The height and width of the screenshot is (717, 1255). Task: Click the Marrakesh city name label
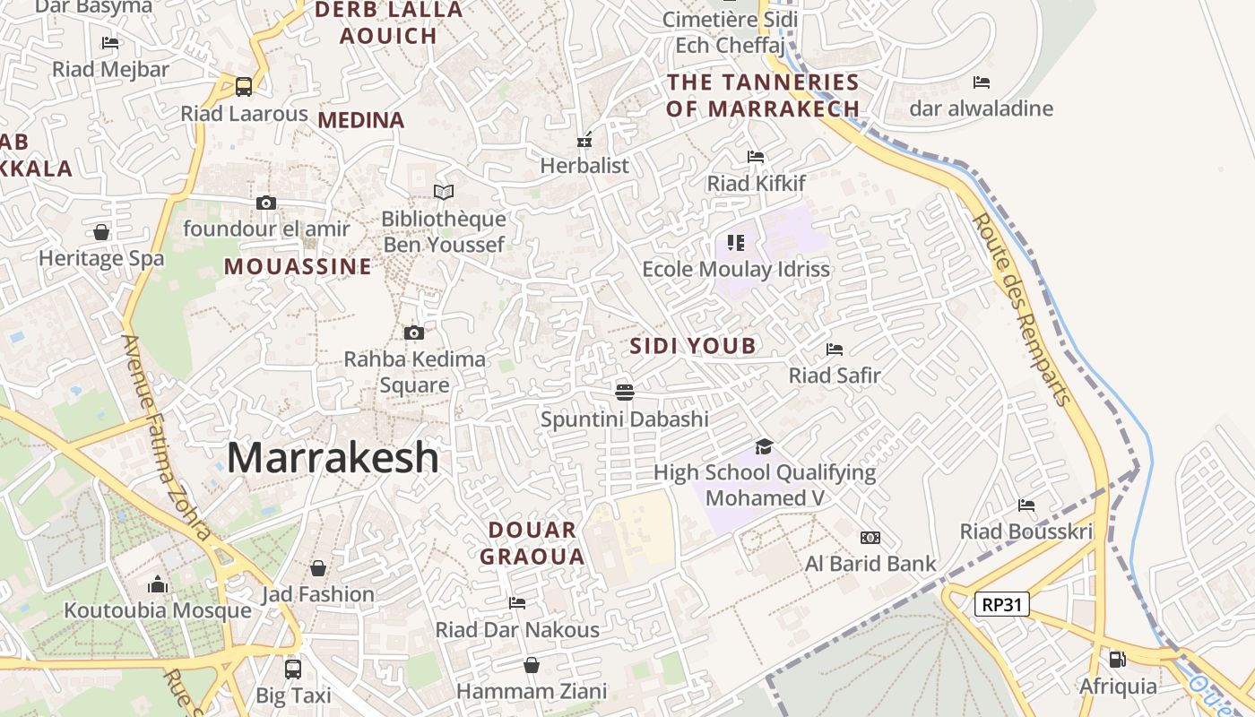tap(333, 458)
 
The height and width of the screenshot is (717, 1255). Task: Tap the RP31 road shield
tap(1002, 604)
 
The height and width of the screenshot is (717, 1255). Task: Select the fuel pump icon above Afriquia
tap(1117, 660)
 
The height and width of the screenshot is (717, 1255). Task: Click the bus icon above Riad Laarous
tap(244, 87)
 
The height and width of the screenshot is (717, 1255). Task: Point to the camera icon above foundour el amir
tap(266, 203)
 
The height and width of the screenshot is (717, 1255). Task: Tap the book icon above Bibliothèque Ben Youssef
tap(444, 192)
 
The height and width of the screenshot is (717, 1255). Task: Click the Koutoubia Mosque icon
tap(158, 584)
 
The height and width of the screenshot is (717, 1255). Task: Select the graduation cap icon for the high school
tap(764, 446)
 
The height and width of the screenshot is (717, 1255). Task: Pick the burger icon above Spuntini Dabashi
tap(625, 392)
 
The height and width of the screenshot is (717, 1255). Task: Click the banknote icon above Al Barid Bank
tap(870, 538)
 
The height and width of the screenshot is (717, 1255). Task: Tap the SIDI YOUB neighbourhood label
tap(693, 346)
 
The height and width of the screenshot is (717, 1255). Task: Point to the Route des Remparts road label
tap(1022, 309)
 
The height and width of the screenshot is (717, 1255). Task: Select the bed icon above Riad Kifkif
tap(756, 157)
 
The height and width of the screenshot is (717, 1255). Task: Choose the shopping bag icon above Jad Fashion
tap(318, 568)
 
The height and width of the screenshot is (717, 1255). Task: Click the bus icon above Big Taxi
tap(293, 669)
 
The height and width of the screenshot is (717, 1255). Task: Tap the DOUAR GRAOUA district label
tap(532, 543)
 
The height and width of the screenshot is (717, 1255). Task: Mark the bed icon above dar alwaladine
tap(982, 82)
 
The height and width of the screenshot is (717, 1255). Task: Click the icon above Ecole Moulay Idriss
tap(736, 242)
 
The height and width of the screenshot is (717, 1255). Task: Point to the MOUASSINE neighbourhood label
tap(298, 266)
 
